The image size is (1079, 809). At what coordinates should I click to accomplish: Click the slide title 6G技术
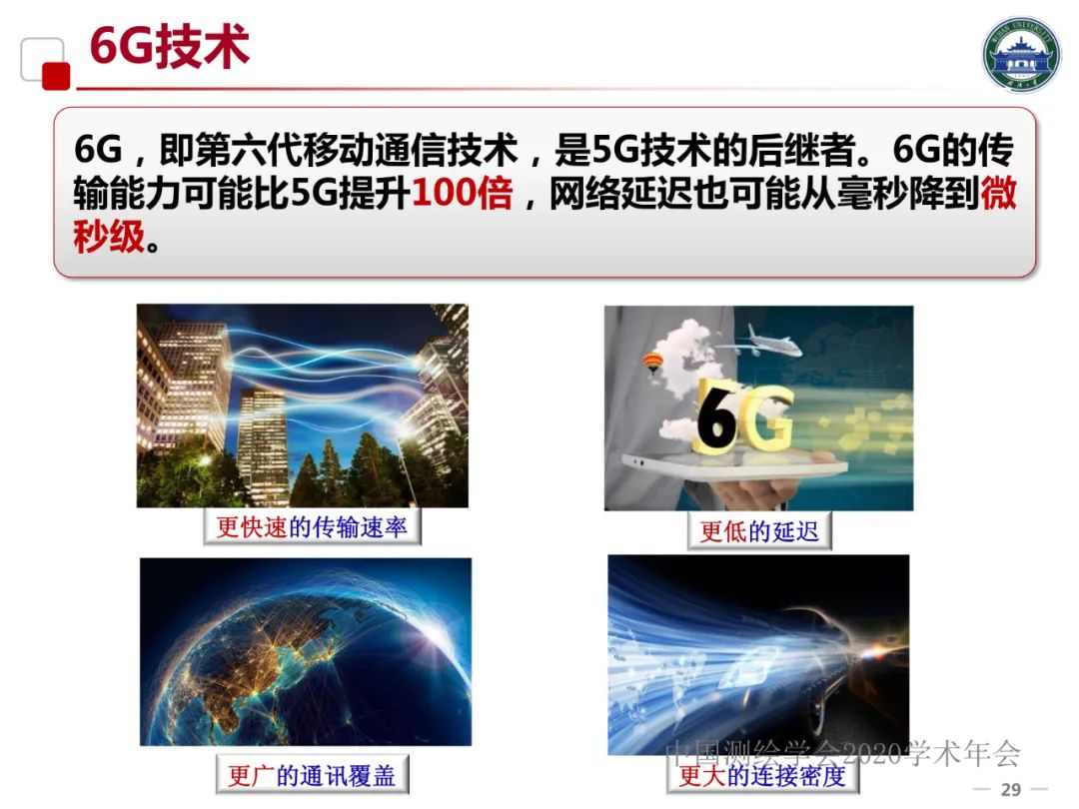coord(169,47)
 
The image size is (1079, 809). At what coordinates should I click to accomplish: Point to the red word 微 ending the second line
coord(998,193)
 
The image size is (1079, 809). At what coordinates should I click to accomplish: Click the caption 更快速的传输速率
coord(312,526)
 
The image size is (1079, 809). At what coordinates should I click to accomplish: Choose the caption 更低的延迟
coord(759,530)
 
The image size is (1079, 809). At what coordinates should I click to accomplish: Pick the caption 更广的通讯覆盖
coord(312,775)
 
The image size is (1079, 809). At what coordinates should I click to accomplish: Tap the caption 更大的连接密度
coord(761,775)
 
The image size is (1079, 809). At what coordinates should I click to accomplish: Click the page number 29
coord(1011,790)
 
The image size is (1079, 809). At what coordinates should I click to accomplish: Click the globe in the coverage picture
coord(290,659)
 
